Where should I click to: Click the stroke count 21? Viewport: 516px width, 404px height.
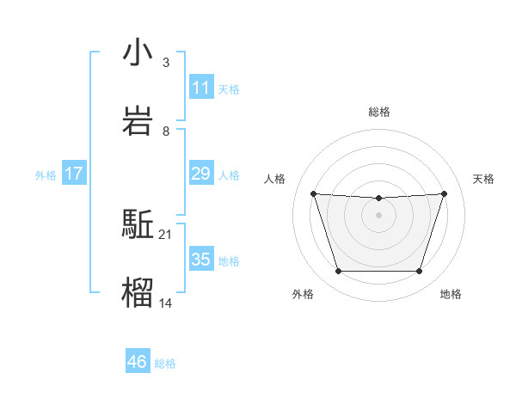[166, 234]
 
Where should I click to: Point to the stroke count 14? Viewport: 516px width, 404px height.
[166, 303]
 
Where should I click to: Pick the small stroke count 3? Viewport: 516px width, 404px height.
[166, 62]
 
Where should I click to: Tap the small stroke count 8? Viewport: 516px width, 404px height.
[166, 131]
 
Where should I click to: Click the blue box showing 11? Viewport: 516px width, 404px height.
[200, 87]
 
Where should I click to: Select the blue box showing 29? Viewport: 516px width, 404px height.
[200, 174]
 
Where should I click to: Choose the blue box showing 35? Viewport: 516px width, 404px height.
[200, 260]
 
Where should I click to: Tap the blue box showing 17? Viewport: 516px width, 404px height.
[74, 174]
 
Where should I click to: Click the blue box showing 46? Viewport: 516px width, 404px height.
[138, 362]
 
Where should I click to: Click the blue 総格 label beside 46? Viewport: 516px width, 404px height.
[165, 364]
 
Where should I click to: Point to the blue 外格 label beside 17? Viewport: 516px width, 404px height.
[46, 175]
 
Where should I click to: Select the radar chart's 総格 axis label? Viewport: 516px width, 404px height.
[379, 112]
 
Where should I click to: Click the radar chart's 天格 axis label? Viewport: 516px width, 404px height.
[484, 179]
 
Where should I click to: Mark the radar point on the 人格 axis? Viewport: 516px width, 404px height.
[314, 194]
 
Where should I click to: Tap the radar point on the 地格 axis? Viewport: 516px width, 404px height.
[420, 272]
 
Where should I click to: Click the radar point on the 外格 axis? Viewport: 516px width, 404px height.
[338, 272]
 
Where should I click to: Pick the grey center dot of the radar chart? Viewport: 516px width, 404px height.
[379, 215]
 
